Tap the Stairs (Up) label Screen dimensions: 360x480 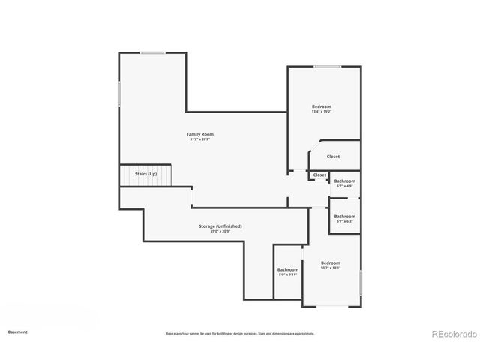pos(145,174)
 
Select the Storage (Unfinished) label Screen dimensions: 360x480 pos(220,226)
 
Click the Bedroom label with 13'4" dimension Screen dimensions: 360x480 pos(321,106)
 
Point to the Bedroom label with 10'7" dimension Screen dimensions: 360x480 pos(330,262)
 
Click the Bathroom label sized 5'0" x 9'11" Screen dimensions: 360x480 pos(288,269)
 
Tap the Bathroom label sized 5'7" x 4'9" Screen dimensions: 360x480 pos(345,181)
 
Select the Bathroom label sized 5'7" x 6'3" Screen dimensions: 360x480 pos(345,216)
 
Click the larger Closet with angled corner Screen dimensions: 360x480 pos(333,157)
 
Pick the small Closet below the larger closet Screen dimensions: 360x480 pos(319,175)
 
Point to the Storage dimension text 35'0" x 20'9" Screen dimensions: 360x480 pos(220,231)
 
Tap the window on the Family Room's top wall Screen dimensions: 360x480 pos(153,52)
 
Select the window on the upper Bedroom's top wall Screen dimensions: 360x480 pos(328,67)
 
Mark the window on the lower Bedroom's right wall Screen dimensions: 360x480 pos(361,283)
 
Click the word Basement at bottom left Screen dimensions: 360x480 pos(18,331)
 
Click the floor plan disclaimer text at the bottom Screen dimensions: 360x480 pos(240,333)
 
